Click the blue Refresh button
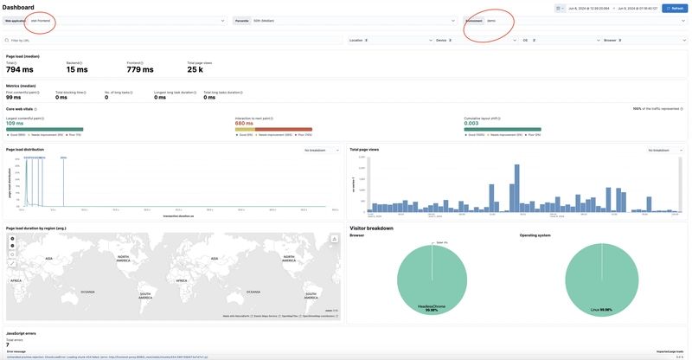[x=675, y=8]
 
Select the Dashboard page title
[x=18, y=7]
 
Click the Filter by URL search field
[x=173, y=40]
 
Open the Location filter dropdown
[x=389, y=40]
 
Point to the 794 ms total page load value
[x=19, y=69]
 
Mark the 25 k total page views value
[x=195, y=69]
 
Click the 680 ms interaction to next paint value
[x=245, y=123]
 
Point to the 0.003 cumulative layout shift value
[x=471, y=123]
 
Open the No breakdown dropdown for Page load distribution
[x=321, y=150]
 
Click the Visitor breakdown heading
[x=371, y=228]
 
